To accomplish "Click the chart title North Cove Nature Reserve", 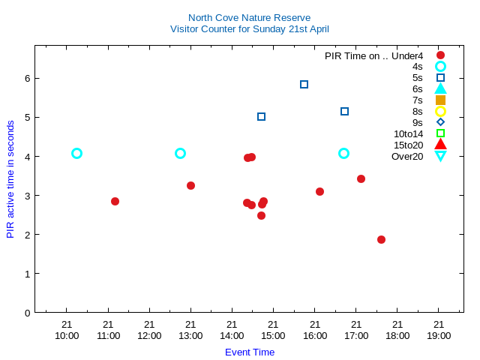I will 249,17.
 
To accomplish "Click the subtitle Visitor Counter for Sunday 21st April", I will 249,29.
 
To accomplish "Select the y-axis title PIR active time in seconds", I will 10,178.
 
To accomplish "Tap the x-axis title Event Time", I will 249,352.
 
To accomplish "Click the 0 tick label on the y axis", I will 27,313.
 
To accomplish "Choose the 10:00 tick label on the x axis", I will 67,335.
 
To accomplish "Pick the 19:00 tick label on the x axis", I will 439,335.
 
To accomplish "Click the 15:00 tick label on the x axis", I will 273,335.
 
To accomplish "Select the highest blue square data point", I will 304,84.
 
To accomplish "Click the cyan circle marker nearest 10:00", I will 76,153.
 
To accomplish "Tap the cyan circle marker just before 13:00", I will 180,153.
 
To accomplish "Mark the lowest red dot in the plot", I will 381,239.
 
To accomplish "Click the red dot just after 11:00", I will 115,201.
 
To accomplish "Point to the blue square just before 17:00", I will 344,111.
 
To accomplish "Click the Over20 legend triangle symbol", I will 440,156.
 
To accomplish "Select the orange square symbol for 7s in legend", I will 440,100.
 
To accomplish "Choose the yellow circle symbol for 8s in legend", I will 440,111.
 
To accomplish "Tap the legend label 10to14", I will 408,133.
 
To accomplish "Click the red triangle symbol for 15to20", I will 440,144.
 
